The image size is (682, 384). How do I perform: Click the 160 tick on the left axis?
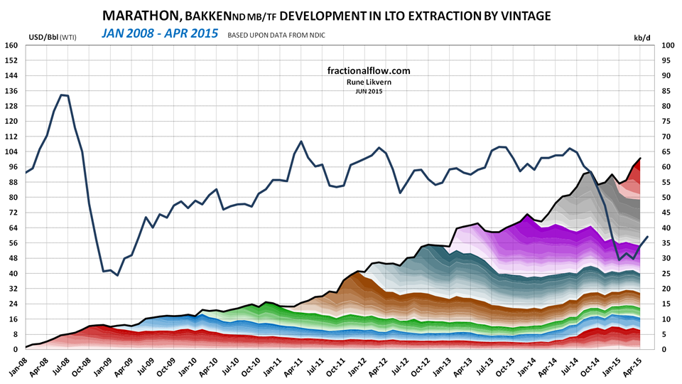click(11, 46)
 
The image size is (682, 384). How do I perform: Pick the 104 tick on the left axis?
click(11, 152)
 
